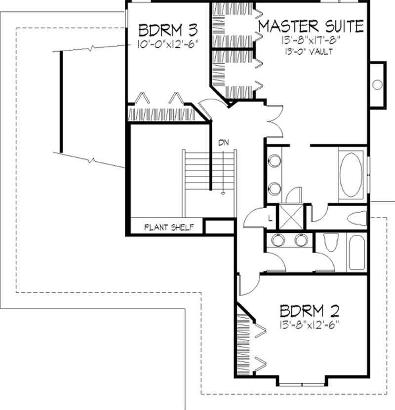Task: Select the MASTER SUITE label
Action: [x=311, y=25]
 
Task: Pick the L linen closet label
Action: [x=271, y=218]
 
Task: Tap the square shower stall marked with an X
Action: [x=290, y=216]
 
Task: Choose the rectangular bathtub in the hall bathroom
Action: [x=356, y=252]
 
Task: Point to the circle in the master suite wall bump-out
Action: [x=377, y=84]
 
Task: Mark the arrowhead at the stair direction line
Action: [x=223, y=194]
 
